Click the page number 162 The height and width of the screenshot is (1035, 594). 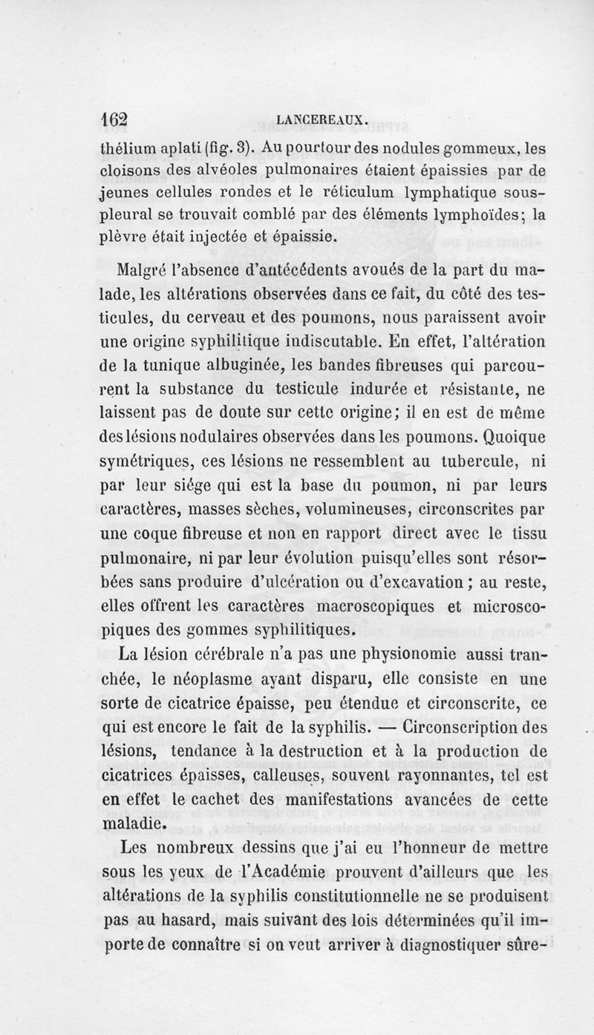(x=115, y=119)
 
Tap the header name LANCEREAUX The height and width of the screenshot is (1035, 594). (x=320, y=119)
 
